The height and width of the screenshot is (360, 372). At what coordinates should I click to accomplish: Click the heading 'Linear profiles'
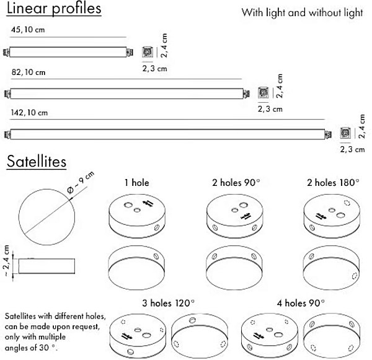click(53, 10)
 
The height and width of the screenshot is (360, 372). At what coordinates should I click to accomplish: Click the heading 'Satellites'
click(37, 162)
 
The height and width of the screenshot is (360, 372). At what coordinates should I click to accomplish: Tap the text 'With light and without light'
click(302, 13)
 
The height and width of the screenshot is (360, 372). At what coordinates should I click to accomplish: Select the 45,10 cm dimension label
click(29, 30)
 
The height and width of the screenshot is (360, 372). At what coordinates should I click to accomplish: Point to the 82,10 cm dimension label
click(29, 72)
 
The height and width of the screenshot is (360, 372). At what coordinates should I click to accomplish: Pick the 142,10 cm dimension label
click(29, 113)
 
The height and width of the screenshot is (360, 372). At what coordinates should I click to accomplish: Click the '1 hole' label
click(136, 183)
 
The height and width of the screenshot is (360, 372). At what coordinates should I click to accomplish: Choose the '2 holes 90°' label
click(235, 183)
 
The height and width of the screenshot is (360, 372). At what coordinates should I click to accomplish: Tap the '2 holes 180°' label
click(332, 183)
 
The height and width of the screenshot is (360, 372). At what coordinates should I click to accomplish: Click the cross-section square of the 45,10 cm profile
click(147, 53)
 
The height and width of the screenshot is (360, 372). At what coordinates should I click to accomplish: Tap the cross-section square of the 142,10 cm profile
click(345, 133)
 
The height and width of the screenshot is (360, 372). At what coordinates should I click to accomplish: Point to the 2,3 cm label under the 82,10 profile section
click(269, 109)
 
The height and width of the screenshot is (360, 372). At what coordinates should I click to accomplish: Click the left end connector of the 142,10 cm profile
click(7, 133)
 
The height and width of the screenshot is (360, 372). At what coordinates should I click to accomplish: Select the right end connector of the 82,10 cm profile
click(246, 93)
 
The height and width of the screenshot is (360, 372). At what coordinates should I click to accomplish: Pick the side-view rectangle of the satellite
click(47, 265)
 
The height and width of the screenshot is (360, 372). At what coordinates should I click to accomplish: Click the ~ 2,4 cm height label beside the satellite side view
click(7, 261)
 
